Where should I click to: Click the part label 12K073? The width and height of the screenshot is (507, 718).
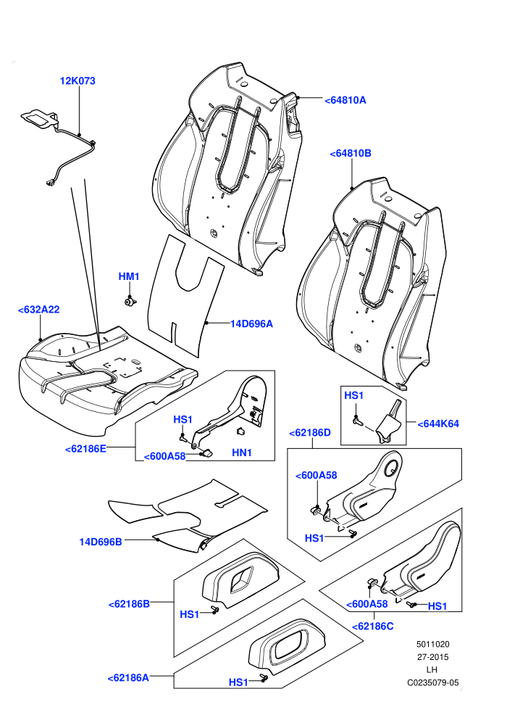(x=77, y=81)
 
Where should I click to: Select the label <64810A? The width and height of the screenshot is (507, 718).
(x=345, y=100)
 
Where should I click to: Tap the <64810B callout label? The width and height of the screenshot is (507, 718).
(x=351, y=154)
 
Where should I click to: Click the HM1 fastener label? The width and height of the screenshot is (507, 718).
(x=129, y=276)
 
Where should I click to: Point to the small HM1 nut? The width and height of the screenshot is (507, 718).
(x=130, y=301)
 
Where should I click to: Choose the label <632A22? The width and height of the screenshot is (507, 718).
(x=38, y=310)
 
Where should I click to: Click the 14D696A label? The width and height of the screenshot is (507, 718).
(x=251, y=323)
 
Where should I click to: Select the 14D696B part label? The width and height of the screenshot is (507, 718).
(x=101, y=542)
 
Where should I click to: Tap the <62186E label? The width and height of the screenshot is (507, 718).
(x=85, y=449)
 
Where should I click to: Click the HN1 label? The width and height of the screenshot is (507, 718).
(x=242, y=453)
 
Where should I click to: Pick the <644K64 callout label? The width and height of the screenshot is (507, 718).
(x=438, y=424)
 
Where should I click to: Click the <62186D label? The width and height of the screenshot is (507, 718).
(x=310, y=433)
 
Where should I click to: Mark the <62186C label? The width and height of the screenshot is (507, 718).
(x=372, y=626)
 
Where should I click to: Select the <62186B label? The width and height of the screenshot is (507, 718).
(x=129, y=604)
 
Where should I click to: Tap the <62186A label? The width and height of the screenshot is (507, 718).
(x=128, y=677)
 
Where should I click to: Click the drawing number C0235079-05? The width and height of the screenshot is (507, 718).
(x=433, y=682)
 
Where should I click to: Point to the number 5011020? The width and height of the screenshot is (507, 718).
(x=432, y=644)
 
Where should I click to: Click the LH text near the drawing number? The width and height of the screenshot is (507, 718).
(x=432, y=670)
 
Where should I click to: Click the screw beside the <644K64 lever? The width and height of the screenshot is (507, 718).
(x=358, y=421)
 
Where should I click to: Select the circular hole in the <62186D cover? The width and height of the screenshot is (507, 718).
(x=391, y=468)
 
